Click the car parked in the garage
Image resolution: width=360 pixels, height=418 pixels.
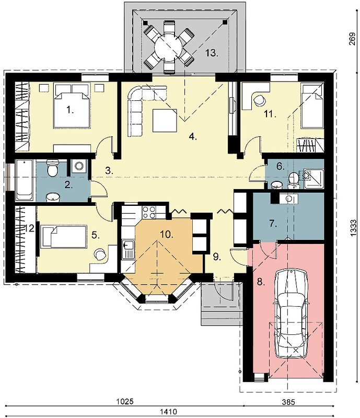(292, 313)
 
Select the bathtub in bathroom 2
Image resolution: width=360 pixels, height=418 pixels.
(24, 180)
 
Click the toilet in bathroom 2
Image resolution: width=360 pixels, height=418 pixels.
(52, 168)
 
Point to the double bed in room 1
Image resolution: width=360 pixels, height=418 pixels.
(71, 106)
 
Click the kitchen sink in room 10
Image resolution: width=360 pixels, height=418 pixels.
(128, 249)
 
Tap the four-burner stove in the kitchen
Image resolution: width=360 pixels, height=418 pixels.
(149, 213)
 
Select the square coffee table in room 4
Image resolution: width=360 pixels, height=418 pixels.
(165, 121)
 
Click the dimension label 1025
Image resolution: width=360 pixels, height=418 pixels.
(125, 402)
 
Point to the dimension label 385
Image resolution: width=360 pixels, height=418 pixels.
(288, 402)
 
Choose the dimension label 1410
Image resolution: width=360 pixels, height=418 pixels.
(168, 412)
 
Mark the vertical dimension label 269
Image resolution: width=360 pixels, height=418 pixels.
(352, 39)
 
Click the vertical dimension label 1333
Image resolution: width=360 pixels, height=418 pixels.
(352, 228)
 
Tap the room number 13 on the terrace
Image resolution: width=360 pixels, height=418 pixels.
(212, 53)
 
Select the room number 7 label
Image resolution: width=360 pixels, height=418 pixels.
(273, 224)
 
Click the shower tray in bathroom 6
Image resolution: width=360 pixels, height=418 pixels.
(313, 179)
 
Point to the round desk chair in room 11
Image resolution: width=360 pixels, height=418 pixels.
(259, 100)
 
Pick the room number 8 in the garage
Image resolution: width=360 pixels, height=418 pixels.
(261, 282)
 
